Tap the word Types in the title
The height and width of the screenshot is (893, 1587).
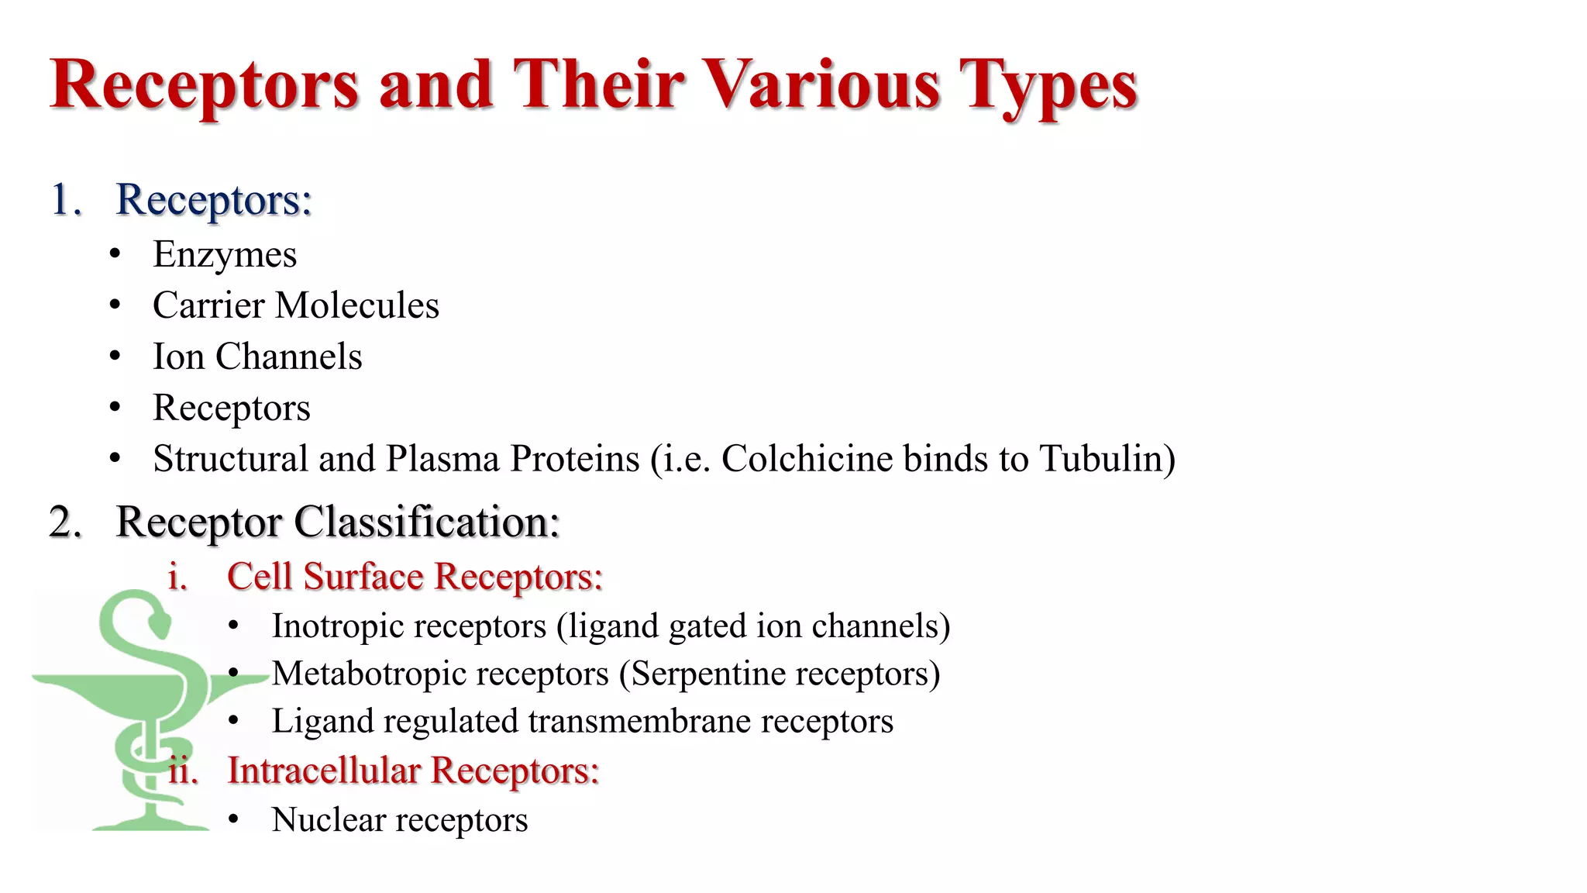tap(1048, 87)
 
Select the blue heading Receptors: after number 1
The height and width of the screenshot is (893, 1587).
tap(214, 200)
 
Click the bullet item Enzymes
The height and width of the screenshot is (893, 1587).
tap(225, 255)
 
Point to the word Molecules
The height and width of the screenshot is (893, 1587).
tap(357, 305)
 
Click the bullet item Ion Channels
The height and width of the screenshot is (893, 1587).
tap(257, 357)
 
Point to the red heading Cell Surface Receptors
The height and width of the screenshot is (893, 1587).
tap(415, 577)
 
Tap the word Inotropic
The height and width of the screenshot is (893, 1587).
tap(333, 626)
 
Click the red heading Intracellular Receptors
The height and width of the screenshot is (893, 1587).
tap(413, 771)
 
